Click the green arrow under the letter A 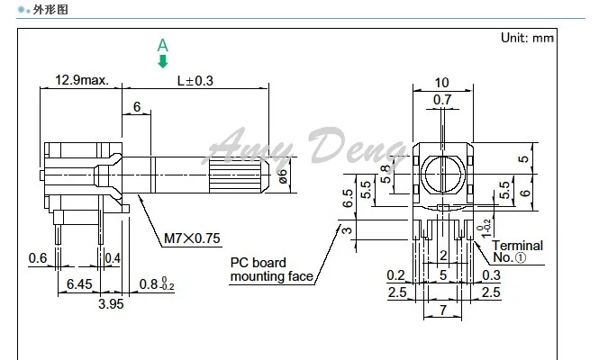click(163, 61)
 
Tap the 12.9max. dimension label click(82, 80)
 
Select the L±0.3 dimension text click(195, 81)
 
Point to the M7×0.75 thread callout click(192, 238)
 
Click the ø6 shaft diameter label click(283, 176)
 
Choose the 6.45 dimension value click(79, 284)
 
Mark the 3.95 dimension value click(111, 304)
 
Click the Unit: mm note click(527, 38)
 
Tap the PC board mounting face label click(271, 269)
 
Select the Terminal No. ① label click(517, 251)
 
